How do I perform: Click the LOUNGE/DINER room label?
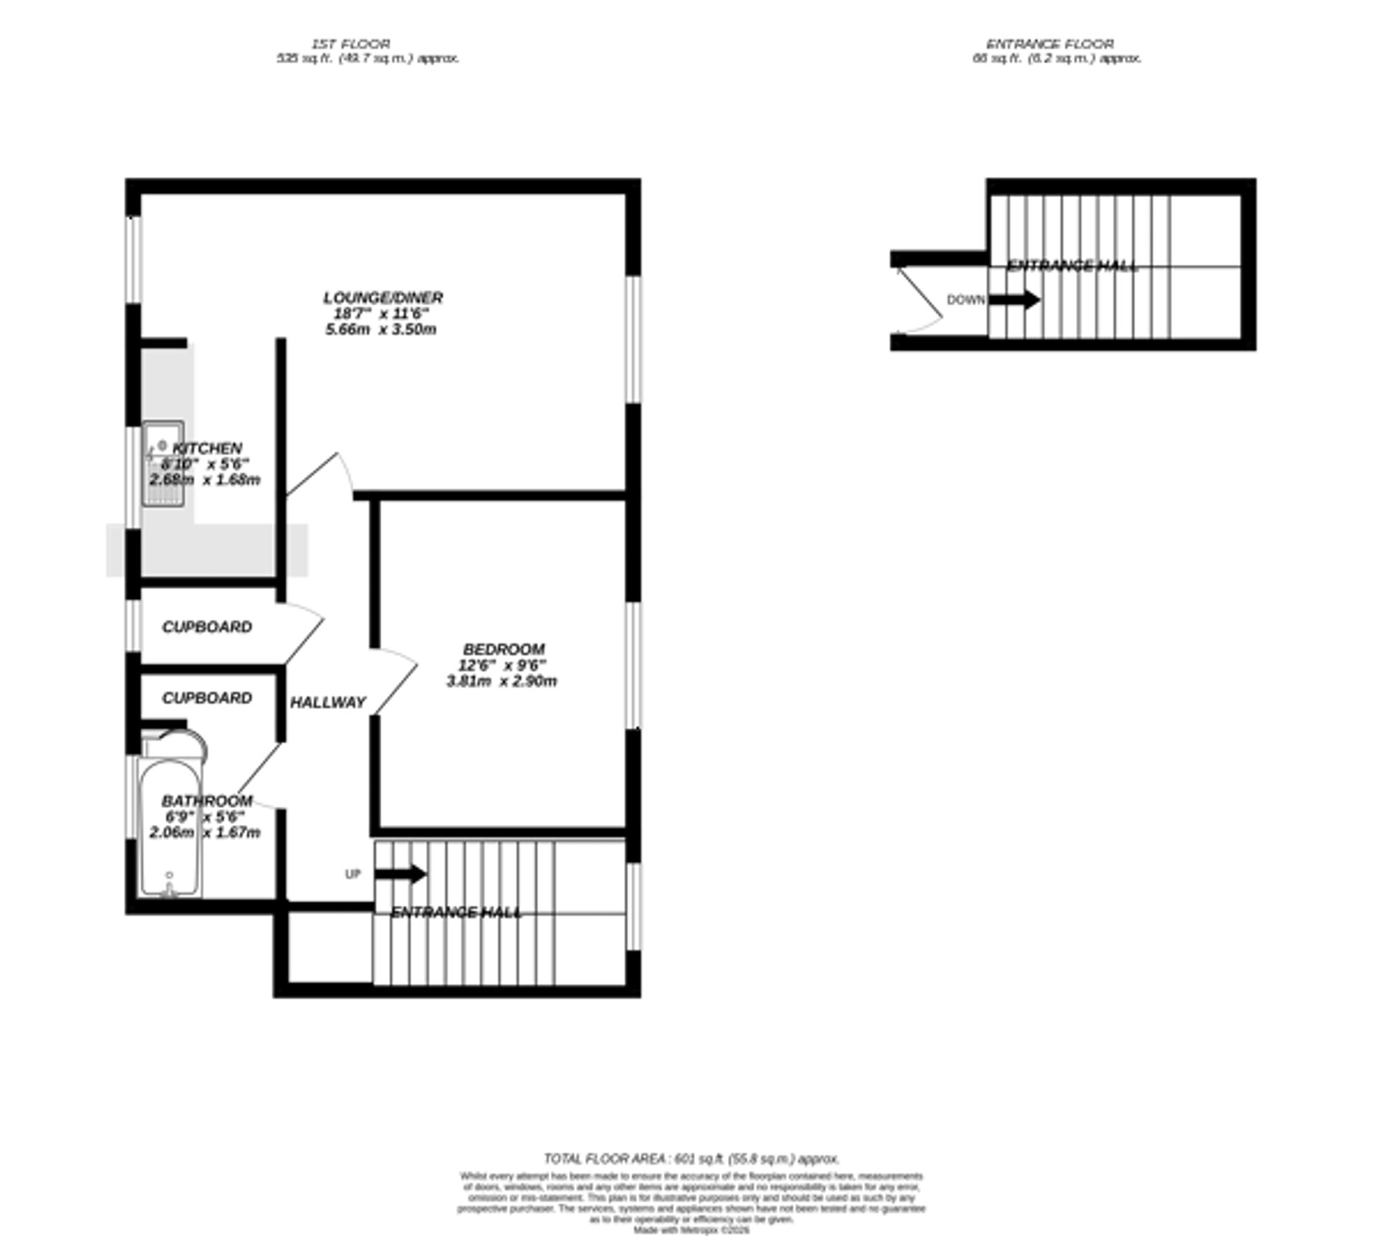[x=382, y=298]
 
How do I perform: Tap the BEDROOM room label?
[x=503, y=649]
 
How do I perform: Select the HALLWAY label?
[x=327, y=703]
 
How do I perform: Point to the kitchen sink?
[x=163, y=463]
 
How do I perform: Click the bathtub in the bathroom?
[x=170, y=827]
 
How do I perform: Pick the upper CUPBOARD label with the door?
[x=207, y=627]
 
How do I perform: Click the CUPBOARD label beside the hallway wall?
[x=207, y=699]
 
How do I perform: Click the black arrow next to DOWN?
[x=1014, y=300]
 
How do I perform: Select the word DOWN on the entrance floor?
[x=965, y=300]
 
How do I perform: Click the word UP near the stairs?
[x=353, y=874]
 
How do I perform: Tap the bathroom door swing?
[x=259, y=775]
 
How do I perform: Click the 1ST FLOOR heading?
[x=351, y=44]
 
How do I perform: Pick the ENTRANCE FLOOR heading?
[x=1049, y=44]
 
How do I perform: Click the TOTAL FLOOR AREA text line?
[x=691, y=1159]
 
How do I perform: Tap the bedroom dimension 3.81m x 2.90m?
[x=501, y=681]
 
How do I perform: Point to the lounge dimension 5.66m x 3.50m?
[x=380, y=330]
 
